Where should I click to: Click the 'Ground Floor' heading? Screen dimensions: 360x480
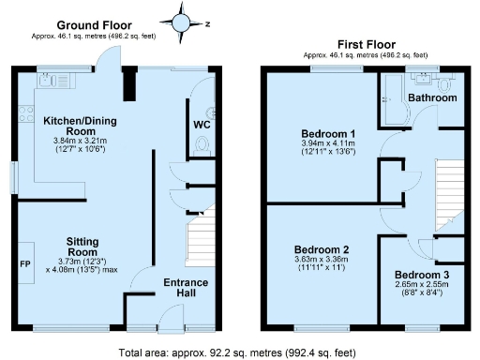95,24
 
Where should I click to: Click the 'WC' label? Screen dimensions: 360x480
202,124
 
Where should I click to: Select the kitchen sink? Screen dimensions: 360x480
50,82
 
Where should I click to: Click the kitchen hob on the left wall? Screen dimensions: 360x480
22,117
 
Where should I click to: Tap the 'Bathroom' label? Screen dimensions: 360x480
432,97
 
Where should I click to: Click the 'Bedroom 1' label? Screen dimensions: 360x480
321,133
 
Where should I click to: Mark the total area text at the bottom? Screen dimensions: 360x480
240,352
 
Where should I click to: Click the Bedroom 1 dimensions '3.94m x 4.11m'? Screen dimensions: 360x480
321,143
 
